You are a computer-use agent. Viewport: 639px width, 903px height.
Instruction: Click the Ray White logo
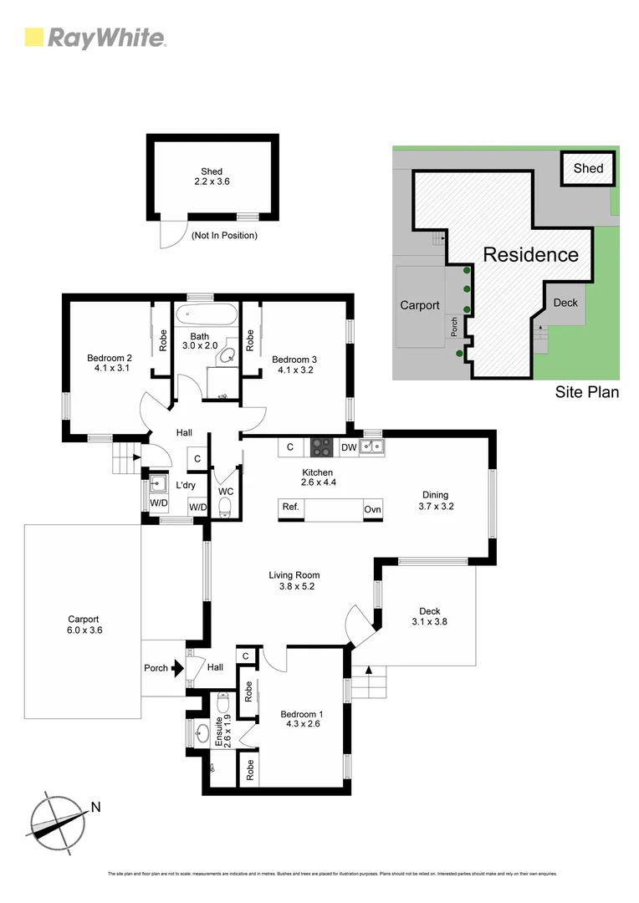click(x=95, y=38)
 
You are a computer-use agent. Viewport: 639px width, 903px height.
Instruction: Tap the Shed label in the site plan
click(x=588, y=168)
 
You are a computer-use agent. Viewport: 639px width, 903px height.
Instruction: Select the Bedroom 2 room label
click(x=110, y=364)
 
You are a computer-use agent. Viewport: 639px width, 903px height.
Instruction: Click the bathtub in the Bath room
click(x=206, y=317)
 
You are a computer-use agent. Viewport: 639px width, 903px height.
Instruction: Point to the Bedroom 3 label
click(x=294, y=365)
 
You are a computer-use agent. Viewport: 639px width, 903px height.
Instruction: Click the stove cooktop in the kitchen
click(x=322, y=447)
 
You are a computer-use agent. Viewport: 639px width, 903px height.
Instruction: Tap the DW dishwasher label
click(x=349, y=447)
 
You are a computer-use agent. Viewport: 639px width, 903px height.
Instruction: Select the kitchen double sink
click(x=372, y=447)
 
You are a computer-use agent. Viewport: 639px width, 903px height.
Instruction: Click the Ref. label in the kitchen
click(x=290, y=508)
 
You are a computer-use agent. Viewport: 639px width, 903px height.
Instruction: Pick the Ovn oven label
click(x=372, y=509)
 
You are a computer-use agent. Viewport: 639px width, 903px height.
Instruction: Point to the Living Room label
click(x=294, y=580)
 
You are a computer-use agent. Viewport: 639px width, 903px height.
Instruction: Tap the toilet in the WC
click(x=223, y=505)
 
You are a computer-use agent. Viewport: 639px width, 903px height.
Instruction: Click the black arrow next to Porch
click(x=176, y=668)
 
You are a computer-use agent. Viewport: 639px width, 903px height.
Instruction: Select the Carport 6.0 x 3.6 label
click(x=84, y=625)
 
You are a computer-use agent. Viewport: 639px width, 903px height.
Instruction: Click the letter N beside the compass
click(x=95, y=807)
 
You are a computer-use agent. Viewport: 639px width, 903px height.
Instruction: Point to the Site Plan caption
click(x=587, y=391)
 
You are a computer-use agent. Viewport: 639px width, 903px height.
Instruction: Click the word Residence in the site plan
click(x=530, y=255)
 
